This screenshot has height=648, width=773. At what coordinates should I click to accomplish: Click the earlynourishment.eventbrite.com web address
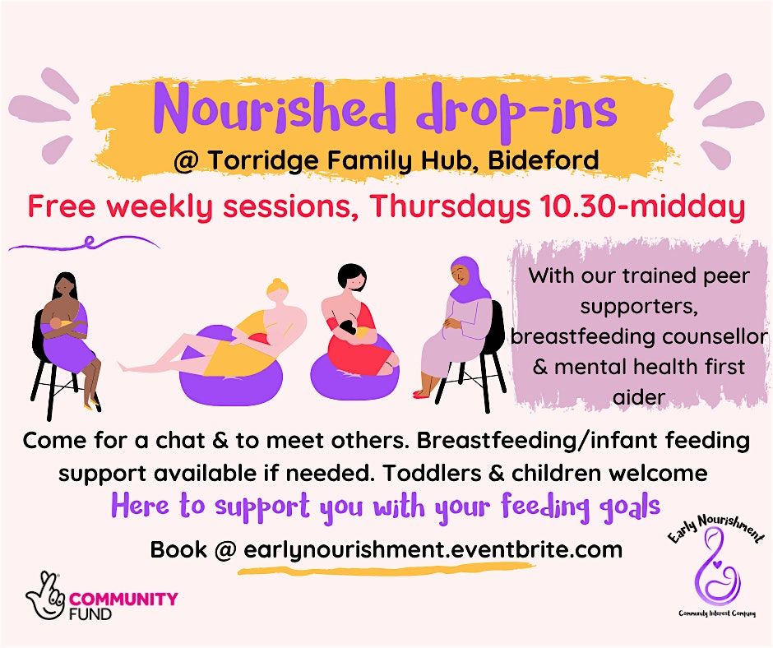point(433,549)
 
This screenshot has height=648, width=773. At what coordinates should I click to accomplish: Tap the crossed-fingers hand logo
point(46,594)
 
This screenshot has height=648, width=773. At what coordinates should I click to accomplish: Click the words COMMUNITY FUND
point(123,604)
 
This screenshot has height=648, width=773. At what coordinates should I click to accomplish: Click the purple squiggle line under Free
point(82,243)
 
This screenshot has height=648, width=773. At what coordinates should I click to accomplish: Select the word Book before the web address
point(177,549)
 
